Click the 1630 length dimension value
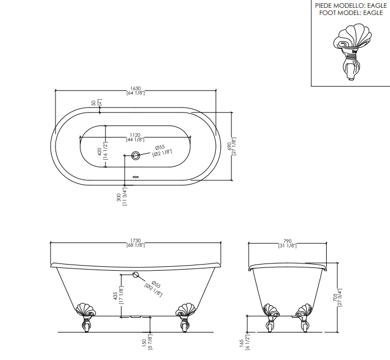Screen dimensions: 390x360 coord(135,89)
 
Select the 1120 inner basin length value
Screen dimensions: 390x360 coord(135,135)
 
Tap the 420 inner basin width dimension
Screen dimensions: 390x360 coord(99,151)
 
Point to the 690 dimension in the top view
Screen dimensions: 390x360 coord(229,146)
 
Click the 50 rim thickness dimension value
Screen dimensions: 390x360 coord(94,103)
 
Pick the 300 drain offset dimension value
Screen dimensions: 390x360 coord(119,197)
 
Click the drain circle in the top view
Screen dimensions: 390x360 coord(135,156)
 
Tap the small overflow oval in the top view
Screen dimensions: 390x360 coord(136,177)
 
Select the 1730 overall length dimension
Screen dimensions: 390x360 coord(135,241)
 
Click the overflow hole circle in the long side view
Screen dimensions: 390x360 coord(135,275)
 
